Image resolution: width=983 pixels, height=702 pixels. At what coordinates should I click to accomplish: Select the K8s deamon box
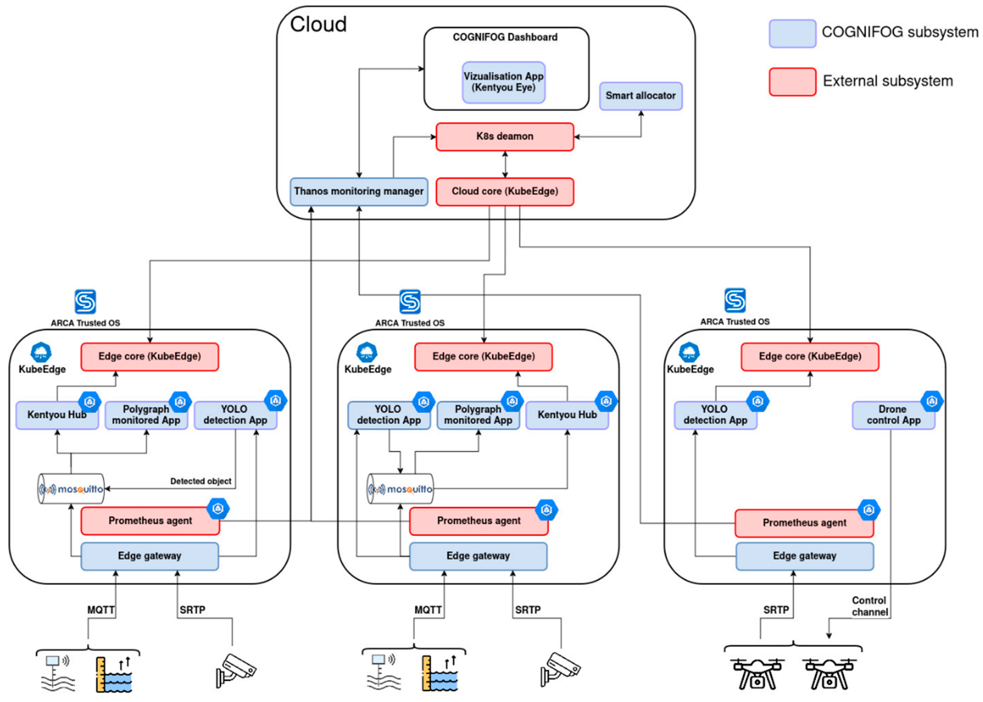[x=505, y=137]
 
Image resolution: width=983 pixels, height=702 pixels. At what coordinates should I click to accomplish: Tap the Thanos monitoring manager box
[x=359, y=192]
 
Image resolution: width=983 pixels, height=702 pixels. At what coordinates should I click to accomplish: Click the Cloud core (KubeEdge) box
[x=505, y=192]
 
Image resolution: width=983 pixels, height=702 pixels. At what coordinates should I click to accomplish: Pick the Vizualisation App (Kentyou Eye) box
[x=503, y=82]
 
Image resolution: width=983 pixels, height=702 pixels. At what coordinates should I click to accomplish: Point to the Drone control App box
[x=893, y=415]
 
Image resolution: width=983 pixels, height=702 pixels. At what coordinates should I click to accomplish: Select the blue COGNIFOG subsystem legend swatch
[x=792, y=33]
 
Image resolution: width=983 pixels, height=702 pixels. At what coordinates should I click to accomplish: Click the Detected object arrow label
[x=201, y=481]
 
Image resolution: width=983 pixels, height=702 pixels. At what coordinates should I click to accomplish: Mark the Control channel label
[x=869, y=606]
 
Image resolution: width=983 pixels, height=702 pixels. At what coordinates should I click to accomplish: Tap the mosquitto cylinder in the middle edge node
[x=400, y=489]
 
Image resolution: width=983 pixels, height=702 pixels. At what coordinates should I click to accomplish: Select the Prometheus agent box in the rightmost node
[x=804, y=523]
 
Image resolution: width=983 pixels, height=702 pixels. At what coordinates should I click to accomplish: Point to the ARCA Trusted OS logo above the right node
[x=735, y=300]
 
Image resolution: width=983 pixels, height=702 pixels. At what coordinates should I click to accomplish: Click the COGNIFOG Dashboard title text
[x=505, y=37]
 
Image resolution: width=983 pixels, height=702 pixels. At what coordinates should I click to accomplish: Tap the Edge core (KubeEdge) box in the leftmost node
[x=149, y=357]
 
